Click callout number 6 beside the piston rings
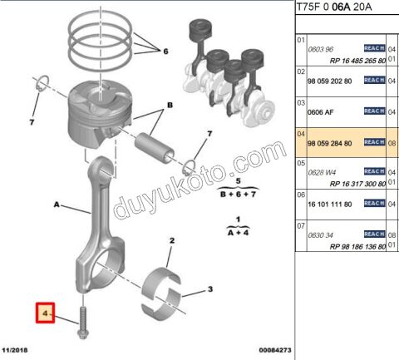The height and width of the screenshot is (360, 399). click(165, 52)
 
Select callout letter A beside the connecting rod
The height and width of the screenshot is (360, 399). click(57, 202)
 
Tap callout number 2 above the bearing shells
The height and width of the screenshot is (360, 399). click(171, 242)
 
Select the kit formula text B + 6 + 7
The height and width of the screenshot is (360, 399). click(239, 193)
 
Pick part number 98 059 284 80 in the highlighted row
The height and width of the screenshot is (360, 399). click(323, 143)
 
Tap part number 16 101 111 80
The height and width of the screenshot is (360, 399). click(323, 202)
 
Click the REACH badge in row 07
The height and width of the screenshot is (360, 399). click(373, 234)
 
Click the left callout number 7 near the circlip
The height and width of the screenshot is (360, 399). click(32, 122)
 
